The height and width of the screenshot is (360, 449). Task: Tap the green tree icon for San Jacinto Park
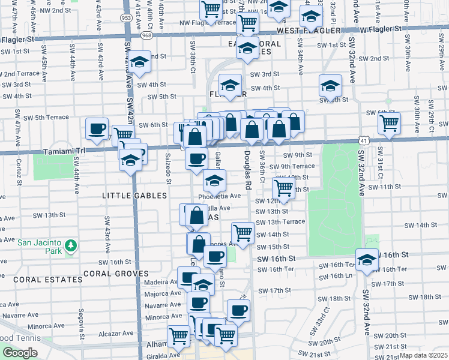(x=71, y=245)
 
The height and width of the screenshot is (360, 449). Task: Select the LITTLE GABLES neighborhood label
(x=129, y=196)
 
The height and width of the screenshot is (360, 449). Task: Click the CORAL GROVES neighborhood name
(x=115, y=274)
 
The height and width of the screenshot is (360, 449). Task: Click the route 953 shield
(x=126, y=18)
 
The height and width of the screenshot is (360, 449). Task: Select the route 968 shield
(x=146, y=36)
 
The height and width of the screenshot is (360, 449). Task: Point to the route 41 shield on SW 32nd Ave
(x=364, y=139)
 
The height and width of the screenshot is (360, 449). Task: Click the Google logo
(x=20, y=353)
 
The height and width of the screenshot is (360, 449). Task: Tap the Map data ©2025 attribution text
(x=424, y=355)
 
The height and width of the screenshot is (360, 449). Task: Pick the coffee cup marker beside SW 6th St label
(x=97, y=128)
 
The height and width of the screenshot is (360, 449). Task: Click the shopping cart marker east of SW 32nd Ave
(x=389, y=124)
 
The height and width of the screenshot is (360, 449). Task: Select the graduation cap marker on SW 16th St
(x=367, y=260)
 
